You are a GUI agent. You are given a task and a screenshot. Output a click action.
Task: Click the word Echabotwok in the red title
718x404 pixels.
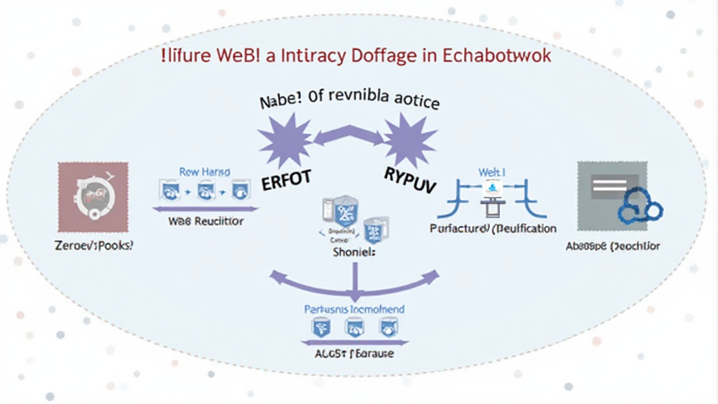click(x=497, y=56)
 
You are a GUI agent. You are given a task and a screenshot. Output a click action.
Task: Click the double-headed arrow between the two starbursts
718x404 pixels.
click(x=347, y=133)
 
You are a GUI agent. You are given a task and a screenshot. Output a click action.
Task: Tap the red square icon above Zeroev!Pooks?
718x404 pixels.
click(x=93, y=197)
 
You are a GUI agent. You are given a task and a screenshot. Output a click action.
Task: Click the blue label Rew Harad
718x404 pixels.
click(x=205, y=171)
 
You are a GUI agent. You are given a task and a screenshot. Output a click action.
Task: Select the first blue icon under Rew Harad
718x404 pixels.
click(x=169, y=189)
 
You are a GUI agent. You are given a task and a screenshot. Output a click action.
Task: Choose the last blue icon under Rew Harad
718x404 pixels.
click(x=241, y=189)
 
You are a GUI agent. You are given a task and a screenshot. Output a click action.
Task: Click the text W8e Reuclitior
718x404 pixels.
click(x=206, y=222)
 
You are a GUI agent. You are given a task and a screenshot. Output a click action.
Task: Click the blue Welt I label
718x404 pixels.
click(x=492, y=171)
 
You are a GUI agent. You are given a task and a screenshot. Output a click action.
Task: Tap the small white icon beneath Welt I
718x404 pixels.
click(x=492, y=188)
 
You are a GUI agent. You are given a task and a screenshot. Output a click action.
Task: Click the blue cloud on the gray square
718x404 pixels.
click(x=640, y=206)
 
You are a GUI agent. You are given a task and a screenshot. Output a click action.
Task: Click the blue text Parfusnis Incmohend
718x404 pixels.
click(x=354, y=309)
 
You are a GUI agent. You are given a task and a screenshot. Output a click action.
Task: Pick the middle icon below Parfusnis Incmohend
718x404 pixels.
click(x=354, y=327)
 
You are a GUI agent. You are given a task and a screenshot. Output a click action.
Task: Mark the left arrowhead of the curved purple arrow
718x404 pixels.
click(x=276, y=276)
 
